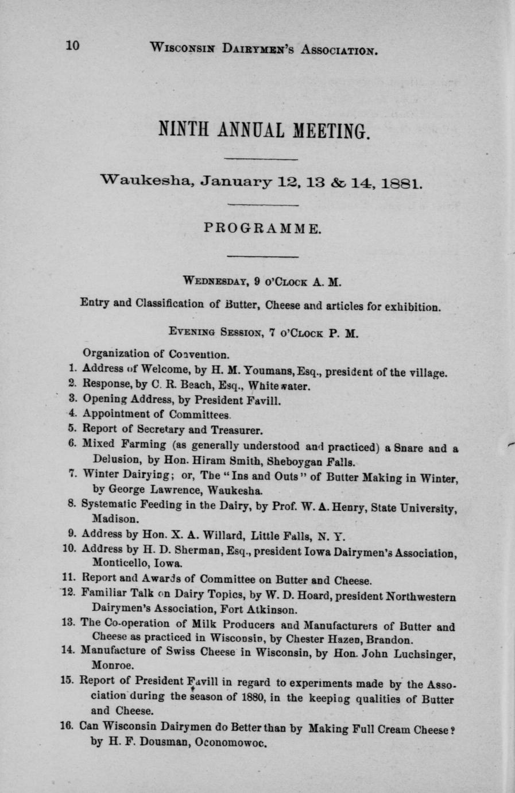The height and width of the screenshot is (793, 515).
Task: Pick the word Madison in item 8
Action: (x=114, y=517)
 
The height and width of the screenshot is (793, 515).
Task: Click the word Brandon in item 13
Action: (x=391, y=639)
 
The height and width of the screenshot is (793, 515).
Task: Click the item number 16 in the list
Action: (x=69, y=726)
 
